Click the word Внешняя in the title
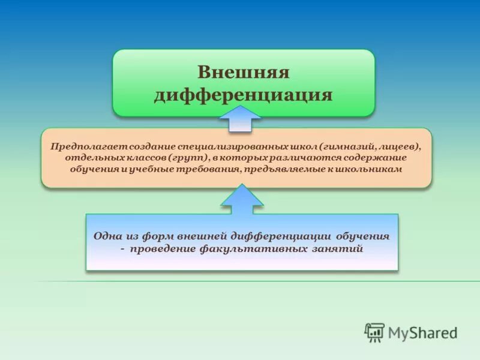coord(244,73)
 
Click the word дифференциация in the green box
coord(244,95)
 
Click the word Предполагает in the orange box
coord(80,146)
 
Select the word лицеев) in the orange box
coord(398,146)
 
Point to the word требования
coord(207,169)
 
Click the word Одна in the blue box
coord(107,236)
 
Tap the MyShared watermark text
coord(423,332)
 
